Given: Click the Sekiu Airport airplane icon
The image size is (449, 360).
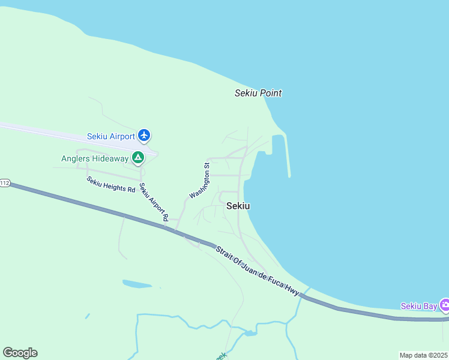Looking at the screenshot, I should click(144, 136).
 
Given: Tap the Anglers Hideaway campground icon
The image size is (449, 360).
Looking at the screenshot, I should click(138, 158).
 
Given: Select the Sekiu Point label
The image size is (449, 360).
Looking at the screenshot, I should click(258, 93).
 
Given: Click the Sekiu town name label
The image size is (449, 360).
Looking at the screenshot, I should click(238, 206).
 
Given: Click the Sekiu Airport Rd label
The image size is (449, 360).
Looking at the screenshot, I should click(154, 202).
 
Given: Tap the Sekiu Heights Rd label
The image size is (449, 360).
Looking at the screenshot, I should click(111, 184).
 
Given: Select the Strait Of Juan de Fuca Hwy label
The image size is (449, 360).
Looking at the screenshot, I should click(257, 269).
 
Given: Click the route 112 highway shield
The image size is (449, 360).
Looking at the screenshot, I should click(5, 183).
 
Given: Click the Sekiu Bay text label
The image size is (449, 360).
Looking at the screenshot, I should click(418, 306).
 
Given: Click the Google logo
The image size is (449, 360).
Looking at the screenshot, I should click(20, 353).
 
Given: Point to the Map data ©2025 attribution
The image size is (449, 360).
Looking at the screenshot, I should click(424, 355).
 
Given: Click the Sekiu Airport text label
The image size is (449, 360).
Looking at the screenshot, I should click(110, 136).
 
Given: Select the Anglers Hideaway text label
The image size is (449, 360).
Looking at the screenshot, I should click(95, 158).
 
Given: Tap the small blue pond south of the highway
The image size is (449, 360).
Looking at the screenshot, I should click(137, 283).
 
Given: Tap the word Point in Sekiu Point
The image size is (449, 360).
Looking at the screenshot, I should click(270, 93).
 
